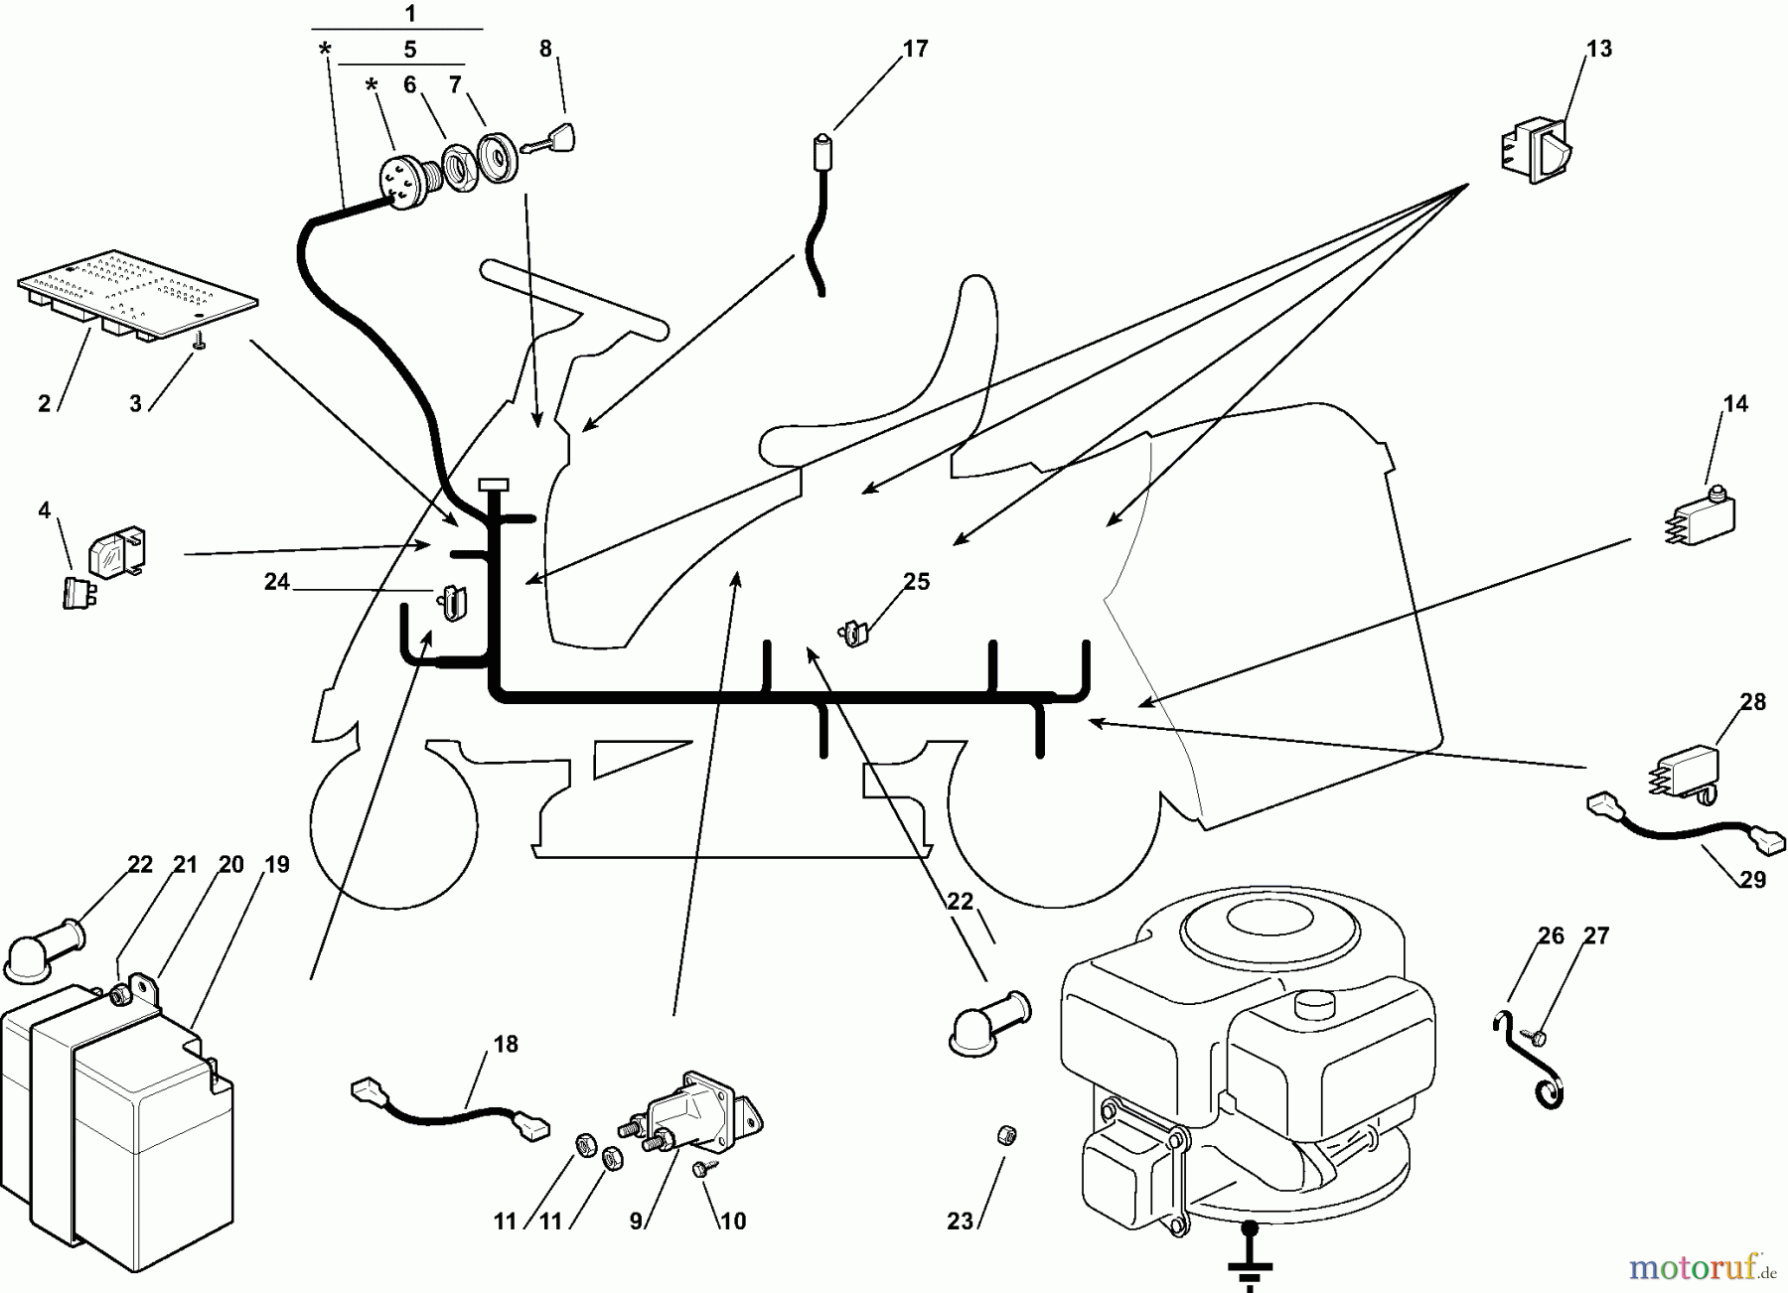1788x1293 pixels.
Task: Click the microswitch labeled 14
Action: (x=1701, y=517)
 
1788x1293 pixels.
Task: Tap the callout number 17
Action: (x=915, y=49)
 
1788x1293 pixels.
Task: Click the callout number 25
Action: (x=916, y=582)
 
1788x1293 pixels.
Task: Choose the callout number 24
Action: (x=276, y=582)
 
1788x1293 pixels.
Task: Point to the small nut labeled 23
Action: (x=1005, y=1134)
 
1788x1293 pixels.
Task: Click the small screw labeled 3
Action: (x=200, y=342)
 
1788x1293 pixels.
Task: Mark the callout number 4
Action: (x=44, y=510)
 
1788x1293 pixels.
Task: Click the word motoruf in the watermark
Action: (x=1683, y=1268)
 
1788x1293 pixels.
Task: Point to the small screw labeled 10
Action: (x=703, y=1170)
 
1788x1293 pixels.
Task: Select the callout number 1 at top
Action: (x=410, y=14)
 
